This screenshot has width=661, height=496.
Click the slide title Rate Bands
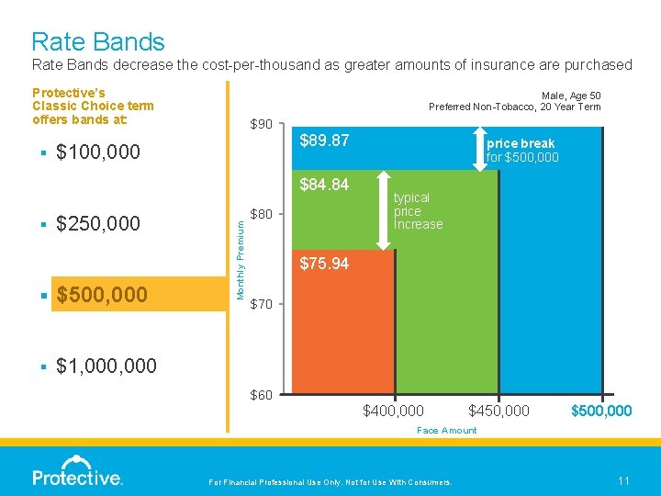click(x=98, y=42)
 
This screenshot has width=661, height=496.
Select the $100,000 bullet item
click(x=98, y=152)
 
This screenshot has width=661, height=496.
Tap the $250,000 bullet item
click(x=98, y=223)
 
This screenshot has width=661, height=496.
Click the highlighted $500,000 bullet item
click(x=101, y=295)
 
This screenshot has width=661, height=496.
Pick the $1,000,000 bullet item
click(x=106, y=366)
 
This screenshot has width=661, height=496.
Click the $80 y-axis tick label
click(x=261, y=215)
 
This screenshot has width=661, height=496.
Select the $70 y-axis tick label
click(x=261, y=304)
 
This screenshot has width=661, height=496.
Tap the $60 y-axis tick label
click(x=261, y=395)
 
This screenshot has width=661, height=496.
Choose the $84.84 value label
click(x=325, y=185)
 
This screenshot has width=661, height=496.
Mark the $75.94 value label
click(x=325, y=264)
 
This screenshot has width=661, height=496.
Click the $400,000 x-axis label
click(x=394, y=411)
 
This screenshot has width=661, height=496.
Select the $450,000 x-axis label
click(x=499, y=411)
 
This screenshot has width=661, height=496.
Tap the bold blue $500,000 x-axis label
click(x=601, y=411)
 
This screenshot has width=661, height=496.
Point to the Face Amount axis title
click(x=446, y=430)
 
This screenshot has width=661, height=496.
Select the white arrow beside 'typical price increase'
click(x=383, y=210)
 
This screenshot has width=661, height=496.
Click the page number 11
click(x=623, y=480)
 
